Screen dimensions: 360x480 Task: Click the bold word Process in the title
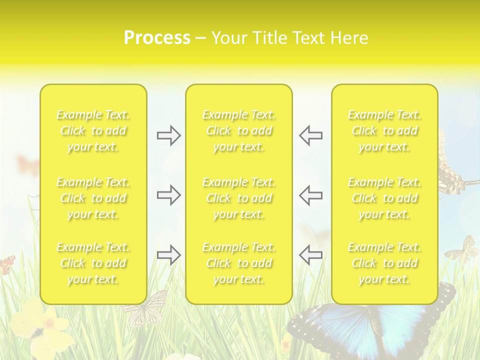click(x=157, y=38)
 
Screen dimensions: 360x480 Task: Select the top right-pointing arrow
click(x=168, y=135)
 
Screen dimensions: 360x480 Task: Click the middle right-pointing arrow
click(x=168, y=195)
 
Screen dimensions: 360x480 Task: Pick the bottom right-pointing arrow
click(x=168, y=255)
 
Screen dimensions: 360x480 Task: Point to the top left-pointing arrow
click(x=310, y=135)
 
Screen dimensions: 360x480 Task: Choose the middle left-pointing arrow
click(x=310, y=195)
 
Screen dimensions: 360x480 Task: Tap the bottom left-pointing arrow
click(x=310, y=255)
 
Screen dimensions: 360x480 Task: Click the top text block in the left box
click(x=93, y=130)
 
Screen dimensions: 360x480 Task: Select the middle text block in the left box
click(x=93, y=198)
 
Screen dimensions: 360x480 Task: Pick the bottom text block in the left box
click(x=93, y=263)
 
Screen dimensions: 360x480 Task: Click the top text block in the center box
click(x=239, y=130)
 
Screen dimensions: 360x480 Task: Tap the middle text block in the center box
click(x=239, y=198)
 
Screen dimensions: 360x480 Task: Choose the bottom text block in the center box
click(x=239, y=263)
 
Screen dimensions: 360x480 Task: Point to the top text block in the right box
click(x=384, y=130)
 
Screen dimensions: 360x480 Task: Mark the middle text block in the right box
click(x=384, y=198)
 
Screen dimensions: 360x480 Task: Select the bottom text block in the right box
click(x=384, y=263)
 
